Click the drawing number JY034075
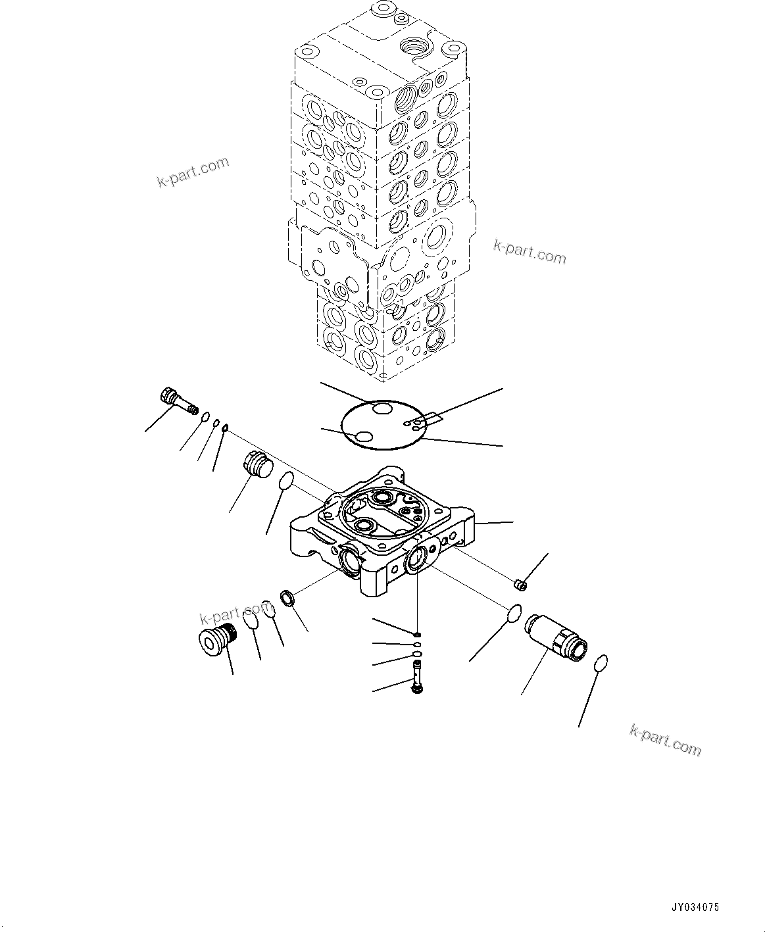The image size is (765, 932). (695, 907)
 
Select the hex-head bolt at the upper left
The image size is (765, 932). (178, 401)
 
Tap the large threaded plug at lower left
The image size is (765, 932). (217, 639)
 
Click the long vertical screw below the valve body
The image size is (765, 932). (417, 676)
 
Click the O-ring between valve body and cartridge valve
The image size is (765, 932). (516, 612)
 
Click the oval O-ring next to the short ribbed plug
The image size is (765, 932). (285, 481)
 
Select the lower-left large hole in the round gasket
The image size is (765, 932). (362, 437)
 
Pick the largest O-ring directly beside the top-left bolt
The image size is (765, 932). (206, 416)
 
